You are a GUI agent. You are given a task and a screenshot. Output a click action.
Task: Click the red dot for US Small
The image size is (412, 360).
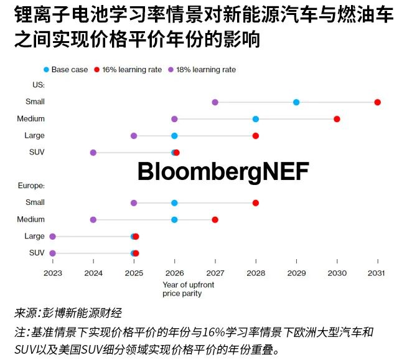pyautogui.click(x=377, y=102)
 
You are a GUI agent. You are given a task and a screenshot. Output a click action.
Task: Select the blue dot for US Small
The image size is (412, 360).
pyautogui.click(x=296, y=102)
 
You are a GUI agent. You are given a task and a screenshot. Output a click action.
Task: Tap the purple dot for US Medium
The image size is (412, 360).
pyautogui.click(x=174, y=119)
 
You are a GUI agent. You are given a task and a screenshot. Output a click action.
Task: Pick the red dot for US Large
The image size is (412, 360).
pyautogui.click(x=255, y=136)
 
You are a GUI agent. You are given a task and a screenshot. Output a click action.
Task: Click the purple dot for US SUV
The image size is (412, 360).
pyautogui.click(x=93, y=153)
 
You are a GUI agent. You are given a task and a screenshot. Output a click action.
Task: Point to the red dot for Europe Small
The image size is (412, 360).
pyautogui.click(x=255, y=203)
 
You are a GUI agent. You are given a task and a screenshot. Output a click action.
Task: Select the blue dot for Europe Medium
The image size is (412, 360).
pyautogui.click(x=174, y=220)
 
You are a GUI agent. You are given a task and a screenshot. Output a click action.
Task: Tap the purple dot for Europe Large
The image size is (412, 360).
pyautogui.click(x=52, y=237)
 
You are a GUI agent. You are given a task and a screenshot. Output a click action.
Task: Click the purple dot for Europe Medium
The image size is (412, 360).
pyautogui.click(x=93, y=220)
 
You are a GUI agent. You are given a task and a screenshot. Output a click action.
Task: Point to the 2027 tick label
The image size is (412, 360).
pyautogui.click(x=215, y=273)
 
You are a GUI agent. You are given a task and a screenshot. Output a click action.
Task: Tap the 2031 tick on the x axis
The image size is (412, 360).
pyautogui.click(x=377, y=273)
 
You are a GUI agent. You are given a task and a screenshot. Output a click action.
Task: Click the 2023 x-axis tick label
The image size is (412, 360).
pyautogui.click(x=53, y=273)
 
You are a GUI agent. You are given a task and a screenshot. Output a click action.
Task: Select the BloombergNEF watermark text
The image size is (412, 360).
pyautogui.click(x=223, y=171)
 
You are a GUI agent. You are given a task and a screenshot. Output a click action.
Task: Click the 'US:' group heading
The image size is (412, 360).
pyautogui.click(x=37, y=85)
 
